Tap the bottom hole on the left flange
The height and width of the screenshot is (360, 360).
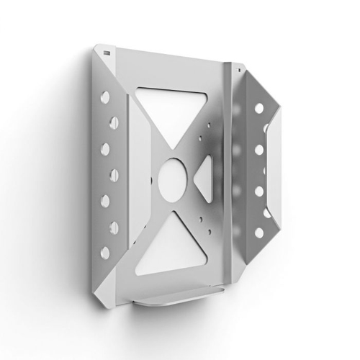(105, 253)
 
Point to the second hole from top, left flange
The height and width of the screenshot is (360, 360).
(107, 122)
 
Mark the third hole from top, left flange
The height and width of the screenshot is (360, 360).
(106, 148)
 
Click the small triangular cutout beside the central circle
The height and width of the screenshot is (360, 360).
(204, 174)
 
